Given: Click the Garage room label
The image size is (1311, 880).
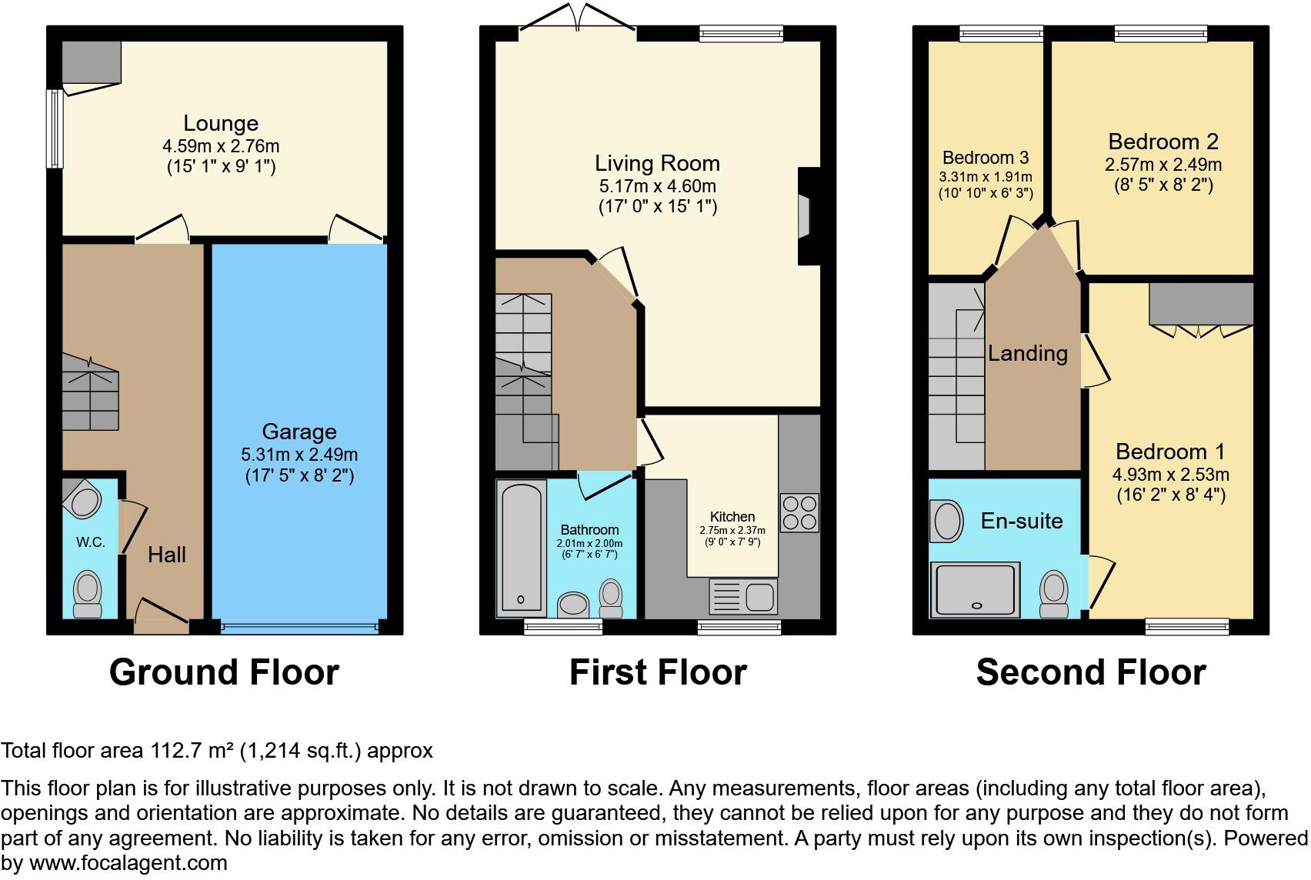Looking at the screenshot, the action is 299,432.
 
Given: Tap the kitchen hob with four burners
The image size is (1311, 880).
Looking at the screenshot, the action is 799,512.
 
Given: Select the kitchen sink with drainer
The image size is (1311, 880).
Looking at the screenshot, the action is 743,596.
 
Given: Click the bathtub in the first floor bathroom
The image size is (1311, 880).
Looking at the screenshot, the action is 522,548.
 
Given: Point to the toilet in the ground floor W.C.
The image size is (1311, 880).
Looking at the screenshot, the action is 87,594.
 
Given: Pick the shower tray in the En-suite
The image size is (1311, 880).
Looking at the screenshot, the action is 975,590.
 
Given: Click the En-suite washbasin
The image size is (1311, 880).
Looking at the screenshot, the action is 946,521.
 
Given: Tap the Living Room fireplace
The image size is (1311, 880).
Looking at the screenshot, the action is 809,216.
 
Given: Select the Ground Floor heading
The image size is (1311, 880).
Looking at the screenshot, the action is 224,672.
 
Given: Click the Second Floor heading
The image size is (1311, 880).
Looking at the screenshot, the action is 1091,672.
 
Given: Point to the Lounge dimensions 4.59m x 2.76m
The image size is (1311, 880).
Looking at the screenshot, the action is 221,145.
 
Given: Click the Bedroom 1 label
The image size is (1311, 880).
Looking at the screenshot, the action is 1170,452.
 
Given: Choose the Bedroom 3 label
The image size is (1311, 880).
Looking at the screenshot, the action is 986,158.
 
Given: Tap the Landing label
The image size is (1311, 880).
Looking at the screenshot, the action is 1028,353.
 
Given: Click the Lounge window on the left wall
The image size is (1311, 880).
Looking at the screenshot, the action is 55,128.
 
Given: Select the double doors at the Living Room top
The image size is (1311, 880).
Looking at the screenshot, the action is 578,18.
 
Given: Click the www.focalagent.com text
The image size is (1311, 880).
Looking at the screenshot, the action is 128,862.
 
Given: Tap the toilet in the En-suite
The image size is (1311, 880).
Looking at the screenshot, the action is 1053,594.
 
